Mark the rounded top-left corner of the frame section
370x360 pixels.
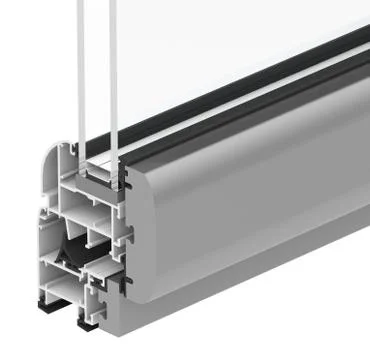click(50, 159)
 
